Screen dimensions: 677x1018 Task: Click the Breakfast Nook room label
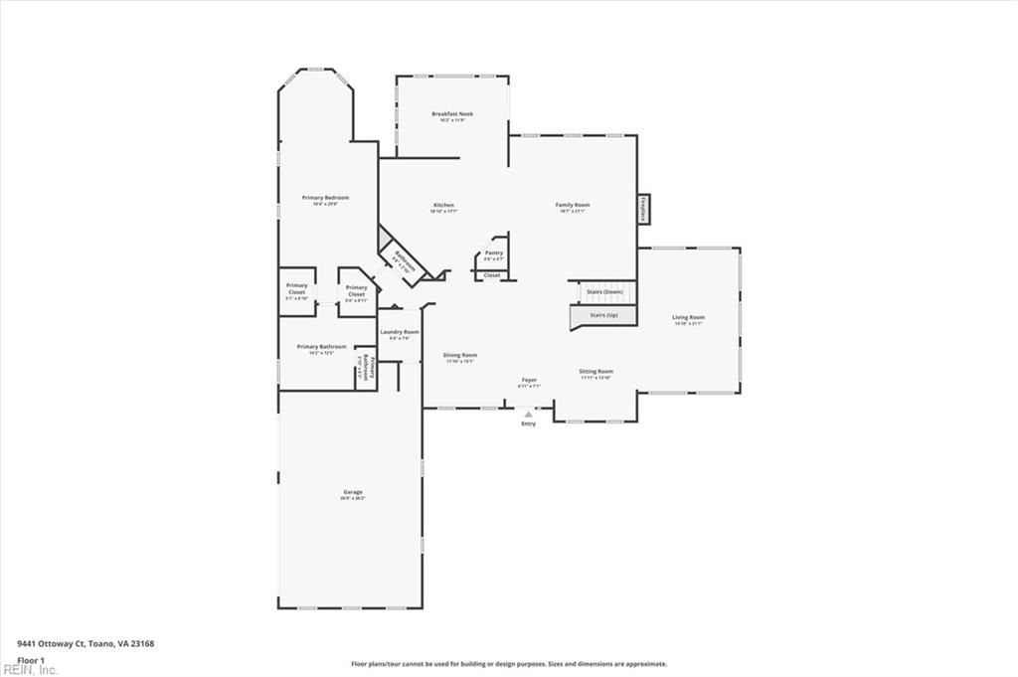coord(452,114)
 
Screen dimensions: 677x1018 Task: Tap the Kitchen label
coord(442,206)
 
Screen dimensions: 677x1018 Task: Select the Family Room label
coord(573,205)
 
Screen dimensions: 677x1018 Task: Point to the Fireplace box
coord(644,210)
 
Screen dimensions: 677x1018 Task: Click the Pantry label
coord(493,253)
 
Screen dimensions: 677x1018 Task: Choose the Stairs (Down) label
coord(604,291)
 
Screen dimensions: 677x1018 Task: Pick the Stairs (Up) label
coord(603,314)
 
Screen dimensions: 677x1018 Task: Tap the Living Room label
coord(688,317)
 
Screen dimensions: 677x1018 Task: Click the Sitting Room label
coord(595,372)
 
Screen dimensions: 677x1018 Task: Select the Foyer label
coord(530,380)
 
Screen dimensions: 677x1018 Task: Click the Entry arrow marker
coord(528,414)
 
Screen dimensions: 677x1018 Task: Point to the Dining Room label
coord(460,355)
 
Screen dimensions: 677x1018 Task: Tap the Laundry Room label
coord(399,332)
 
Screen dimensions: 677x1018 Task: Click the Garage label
coord(353,492)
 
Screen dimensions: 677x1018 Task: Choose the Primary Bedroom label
coord(325,198)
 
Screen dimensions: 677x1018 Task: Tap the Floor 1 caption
coord(31,660)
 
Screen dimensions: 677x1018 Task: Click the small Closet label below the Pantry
coord(492,275)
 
